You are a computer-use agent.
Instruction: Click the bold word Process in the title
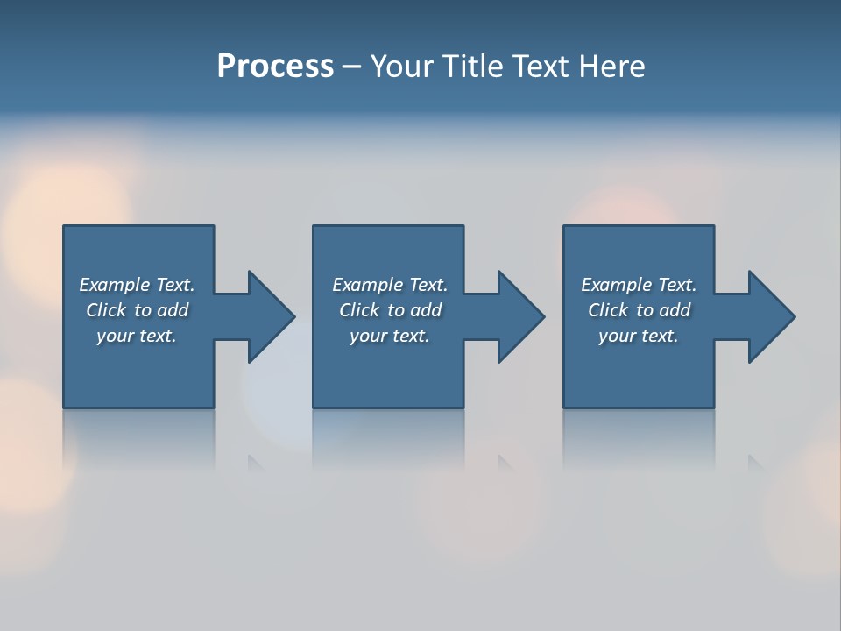point(275,67)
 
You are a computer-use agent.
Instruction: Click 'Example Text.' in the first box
point(137,285)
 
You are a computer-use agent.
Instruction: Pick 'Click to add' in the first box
point(137,310)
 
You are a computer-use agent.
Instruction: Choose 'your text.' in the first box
point(137,336)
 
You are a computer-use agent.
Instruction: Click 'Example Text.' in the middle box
point(390,285)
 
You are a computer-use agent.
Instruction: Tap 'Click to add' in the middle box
point(390,310)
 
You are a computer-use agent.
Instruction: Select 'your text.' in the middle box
point(390,336)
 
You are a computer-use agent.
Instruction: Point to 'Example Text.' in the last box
point(639,285)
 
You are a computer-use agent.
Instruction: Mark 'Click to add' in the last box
point(639,310)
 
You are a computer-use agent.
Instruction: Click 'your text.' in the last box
point(639,336)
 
